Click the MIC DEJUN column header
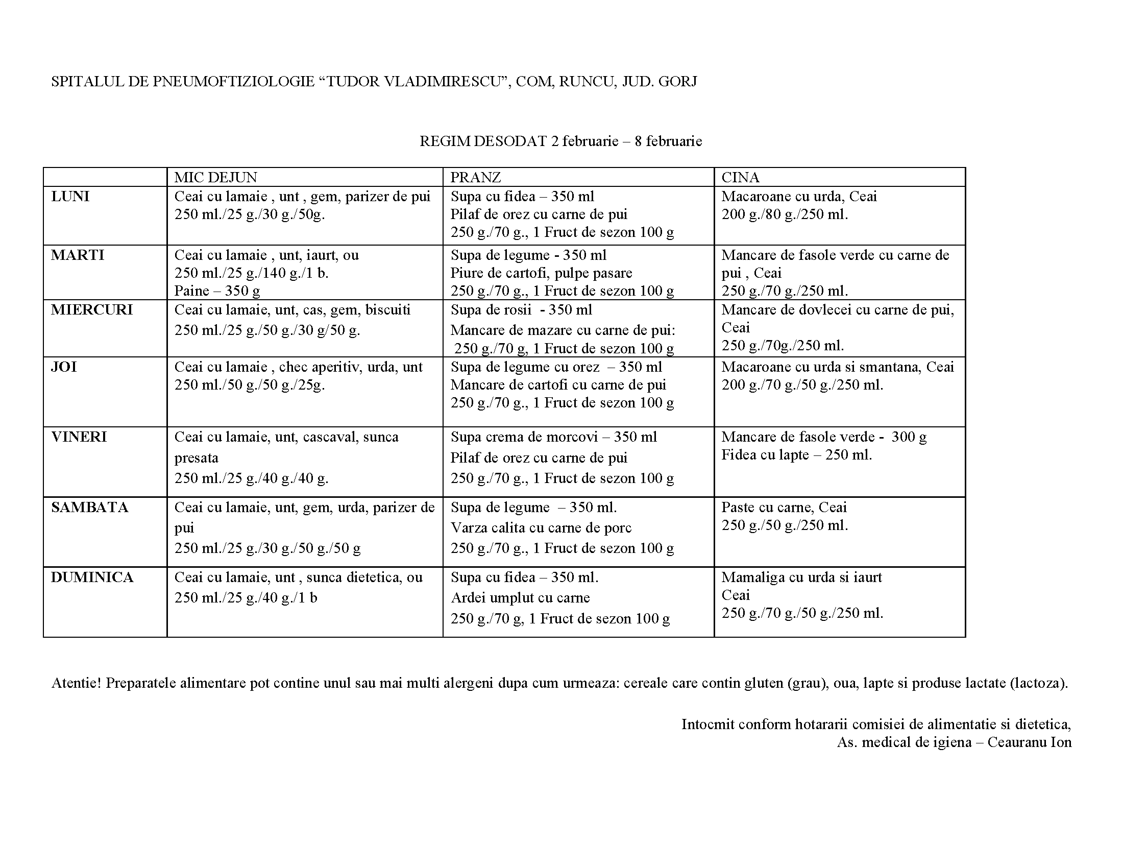[215, 177]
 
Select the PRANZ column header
[475, 177]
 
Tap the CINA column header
[740, 177]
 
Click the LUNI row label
[70, 197]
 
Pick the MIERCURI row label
[91, 309]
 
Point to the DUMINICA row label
[92, 577]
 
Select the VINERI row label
[79, 437]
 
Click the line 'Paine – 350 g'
[217, 291]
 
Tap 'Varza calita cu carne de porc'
[541, 527]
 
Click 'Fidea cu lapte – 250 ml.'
[796, 455]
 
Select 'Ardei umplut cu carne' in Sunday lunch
[520, 597]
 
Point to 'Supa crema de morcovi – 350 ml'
[554, 437]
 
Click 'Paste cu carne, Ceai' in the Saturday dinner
[784, 508]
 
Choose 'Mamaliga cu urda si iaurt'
[801, 577]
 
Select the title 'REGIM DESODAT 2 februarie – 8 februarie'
[560, 141]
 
